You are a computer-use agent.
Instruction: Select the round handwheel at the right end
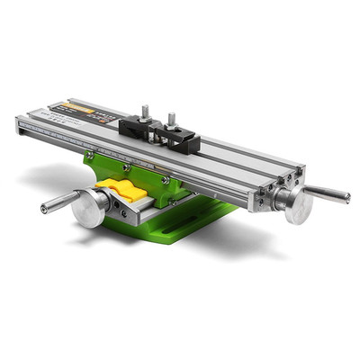click(x=295, y=204)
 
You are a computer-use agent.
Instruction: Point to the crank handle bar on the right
click(x=328, y=193)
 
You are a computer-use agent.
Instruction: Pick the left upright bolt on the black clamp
click(x=145, y=112)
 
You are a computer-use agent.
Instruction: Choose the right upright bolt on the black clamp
click(x=171, y=120)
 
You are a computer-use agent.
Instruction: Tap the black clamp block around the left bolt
click(x=137, y=127)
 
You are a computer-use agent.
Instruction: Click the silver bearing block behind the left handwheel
click(x=112, y=203)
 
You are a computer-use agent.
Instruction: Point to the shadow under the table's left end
click(x=54, y=171)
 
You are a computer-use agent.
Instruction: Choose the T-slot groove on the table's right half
click(x=243, y=157)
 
